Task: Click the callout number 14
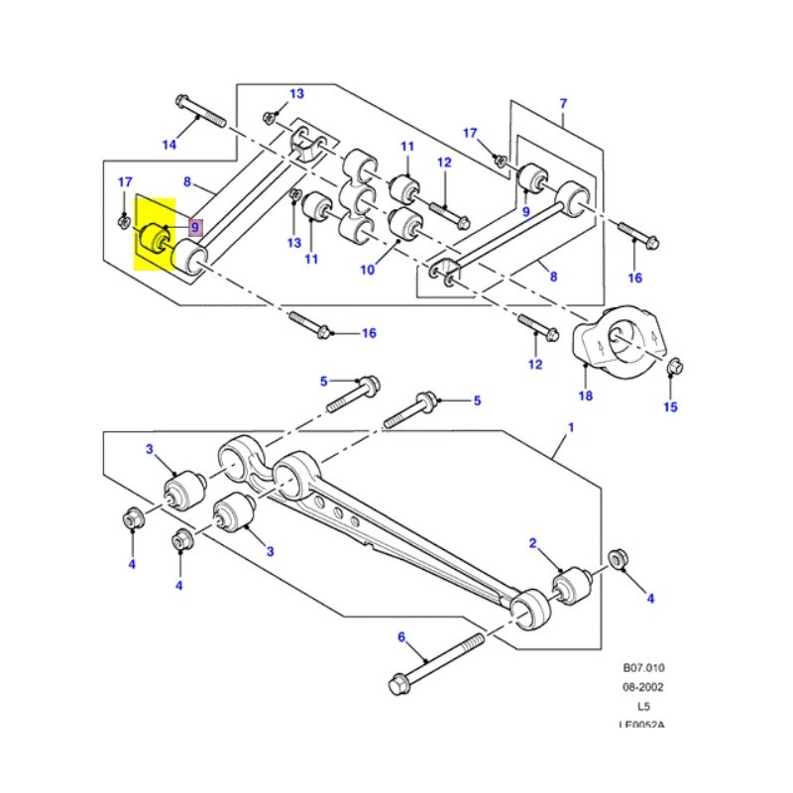coord(169,146)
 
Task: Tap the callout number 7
coord(563,103)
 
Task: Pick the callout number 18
coord(585,396)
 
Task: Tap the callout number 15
coord(671,406)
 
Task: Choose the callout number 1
coord(570,427)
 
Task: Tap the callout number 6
coord(401,637)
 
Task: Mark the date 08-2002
coord(643,687)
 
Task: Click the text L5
coord(643,706)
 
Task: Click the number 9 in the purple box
coord(195,227)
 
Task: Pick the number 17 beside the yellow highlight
coord(125,182)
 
